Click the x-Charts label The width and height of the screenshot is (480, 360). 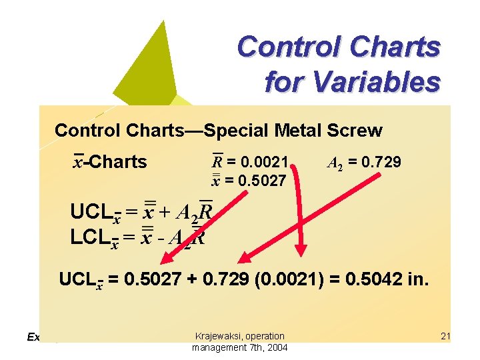click(109, 162)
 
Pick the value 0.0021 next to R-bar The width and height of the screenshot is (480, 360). click(266, 162)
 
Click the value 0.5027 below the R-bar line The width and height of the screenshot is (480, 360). click(264, 180)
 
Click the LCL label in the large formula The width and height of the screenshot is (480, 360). click(91, 237)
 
